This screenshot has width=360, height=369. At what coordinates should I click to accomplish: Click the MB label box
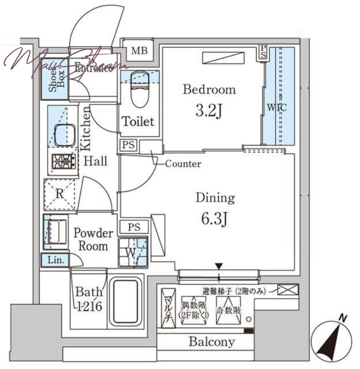139,50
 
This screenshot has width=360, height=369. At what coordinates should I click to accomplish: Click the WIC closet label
277,108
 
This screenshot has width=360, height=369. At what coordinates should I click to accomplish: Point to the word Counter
183,164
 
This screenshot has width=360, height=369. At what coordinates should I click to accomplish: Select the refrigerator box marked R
59,194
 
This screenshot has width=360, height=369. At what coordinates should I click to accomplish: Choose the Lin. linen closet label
55,260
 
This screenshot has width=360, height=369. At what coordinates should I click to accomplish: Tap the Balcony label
212,342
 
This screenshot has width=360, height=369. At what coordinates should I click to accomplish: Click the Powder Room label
93,239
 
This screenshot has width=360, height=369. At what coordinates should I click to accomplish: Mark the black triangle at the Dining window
219,266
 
